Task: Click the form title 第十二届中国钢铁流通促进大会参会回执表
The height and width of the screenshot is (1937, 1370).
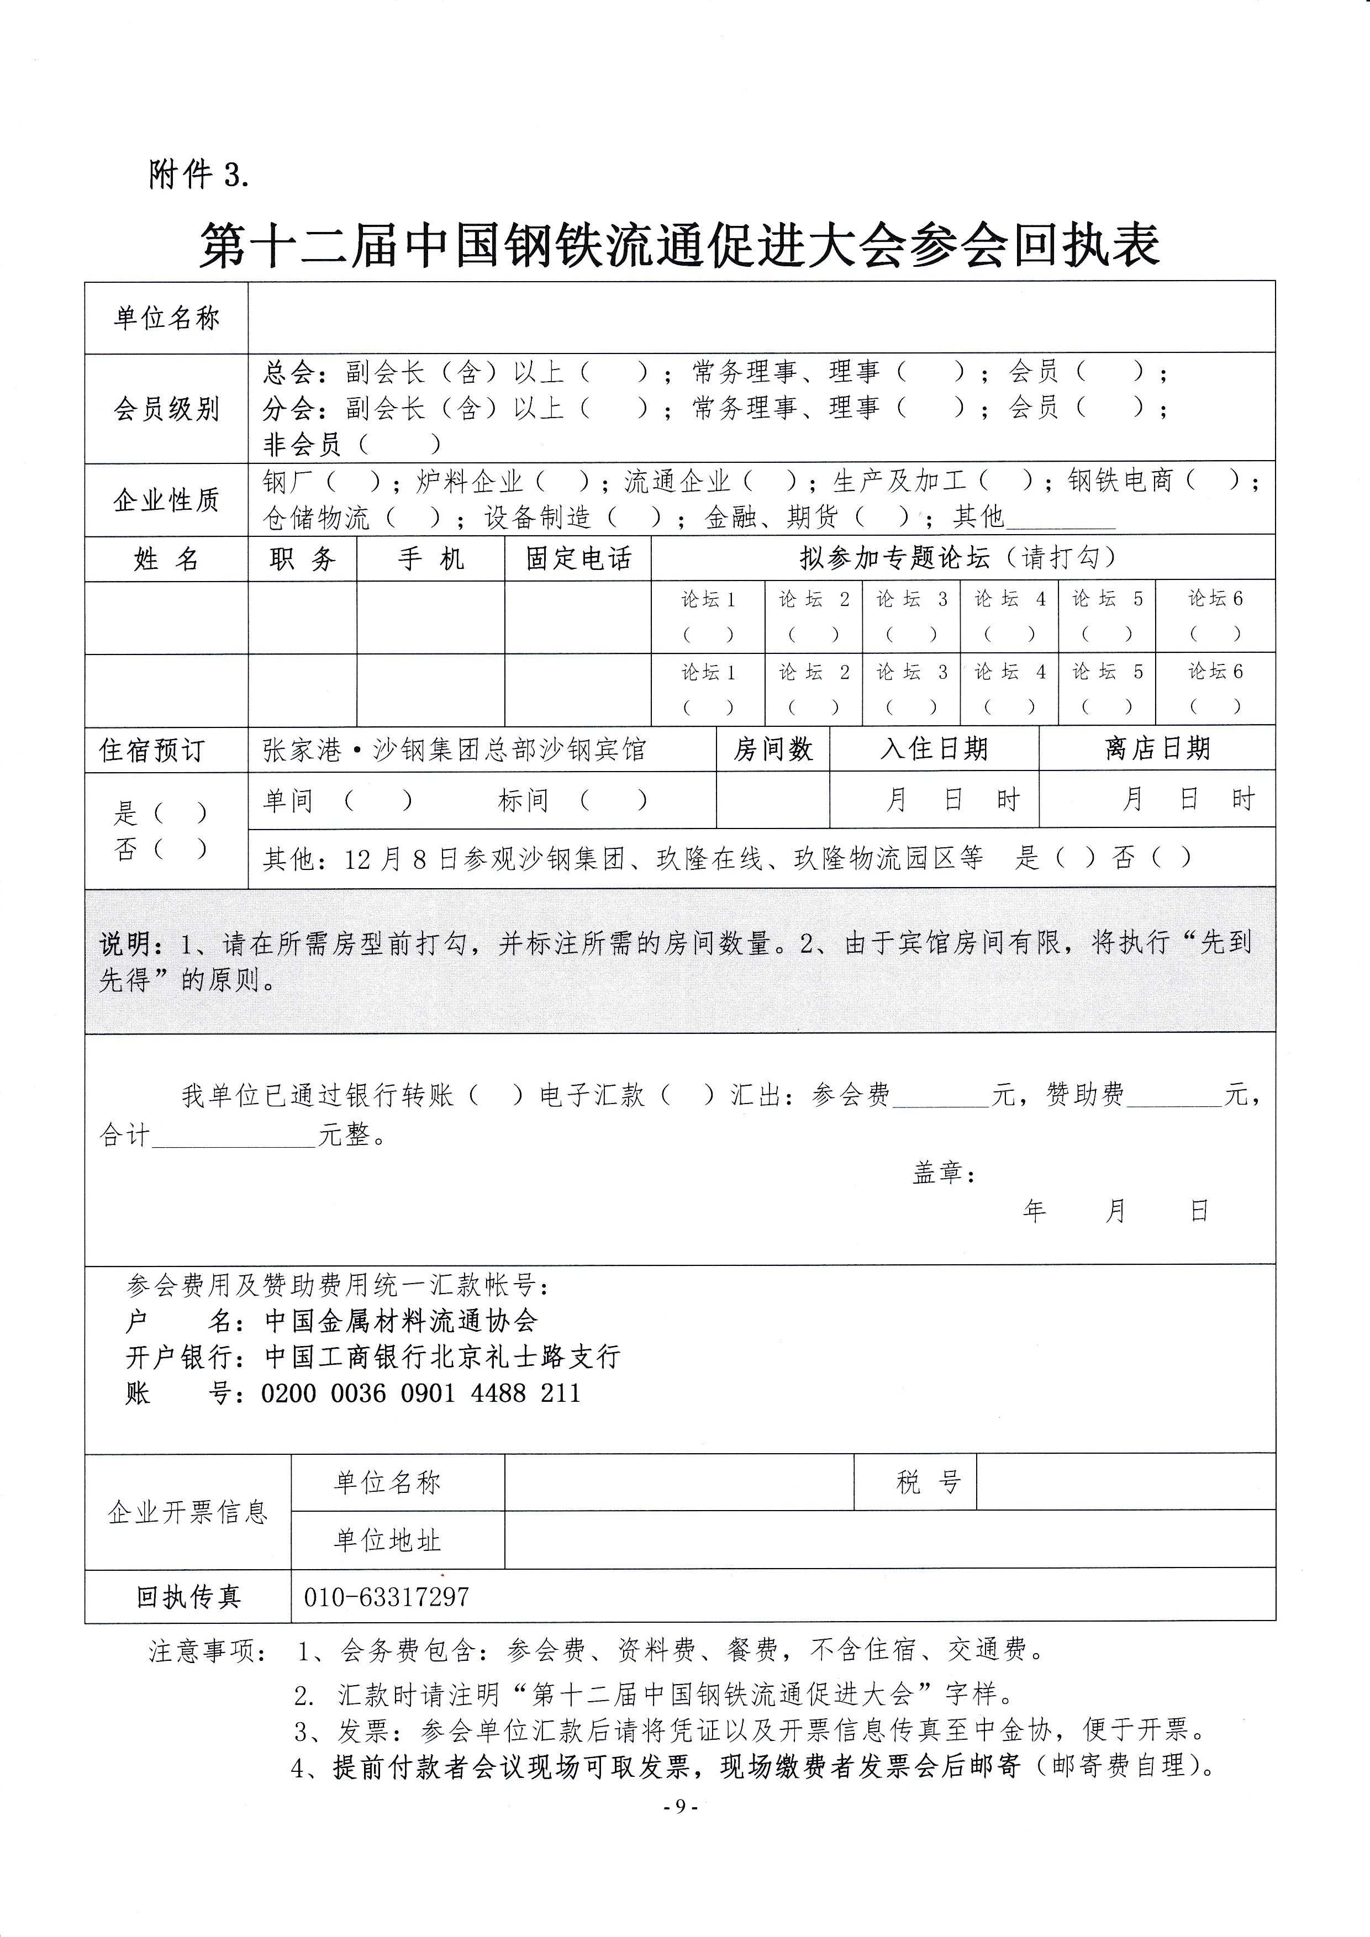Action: pos(679,245)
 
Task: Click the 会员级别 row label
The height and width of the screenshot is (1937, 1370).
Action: pos(166,409)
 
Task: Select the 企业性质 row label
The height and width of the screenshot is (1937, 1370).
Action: pos(166,499)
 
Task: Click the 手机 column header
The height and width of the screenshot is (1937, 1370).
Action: pos(430,558)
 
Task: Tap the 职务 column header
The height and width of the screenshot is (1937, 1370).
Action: pos(302,558)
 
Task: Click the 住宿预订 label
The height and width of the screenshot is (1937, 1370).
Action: pos(152,750)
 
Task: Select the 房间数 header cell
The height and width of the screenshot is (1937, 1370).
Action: pos(773,749)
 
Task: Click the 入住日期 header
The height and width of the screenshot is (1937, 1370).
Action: pos(934,749)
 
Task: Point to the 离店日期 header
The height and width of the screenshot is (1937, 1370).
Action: pos(1157,748)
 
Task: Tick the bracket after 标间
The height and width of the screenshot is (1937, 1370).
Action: pos(613,800)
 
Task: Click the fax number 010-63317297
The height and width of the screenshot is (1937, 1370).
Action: pos(386,1597)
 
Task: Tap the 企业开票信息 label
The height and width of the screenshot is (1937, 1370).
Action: pos(187,1512)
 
